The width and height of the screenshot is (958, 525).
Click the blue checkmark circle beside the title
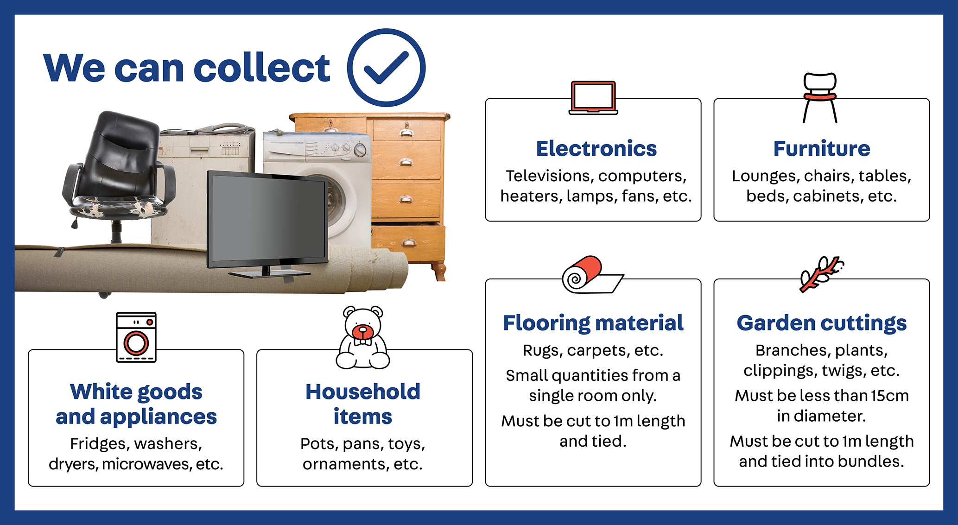pos(386,68)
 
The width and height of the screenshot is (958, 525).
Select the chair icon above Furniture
pos(820,97)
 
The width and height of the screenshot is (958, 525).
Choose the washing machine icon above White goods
pos(136,337)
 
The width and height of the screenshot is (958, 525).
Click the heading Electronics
pos(596,149)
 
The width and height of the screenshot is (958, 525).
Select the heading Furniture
pos(821,149)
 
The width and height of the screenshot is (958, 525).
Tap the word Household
pos(362,392)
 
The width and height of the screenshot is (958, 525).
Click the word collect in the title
pos(261,68)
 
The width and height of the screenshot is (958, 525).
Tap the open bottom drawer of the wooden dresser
pos(408,241)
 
